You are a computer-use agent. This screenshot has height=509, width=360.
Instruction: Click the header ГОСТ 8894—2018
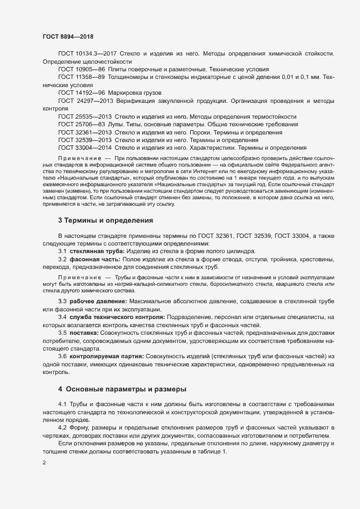click(68, 36)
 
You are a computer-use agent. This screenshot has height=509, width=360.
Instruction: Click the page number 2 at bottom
click(44, 464)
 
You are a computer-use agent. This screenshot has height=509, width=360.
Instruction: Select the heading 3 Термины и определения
click(105, 220)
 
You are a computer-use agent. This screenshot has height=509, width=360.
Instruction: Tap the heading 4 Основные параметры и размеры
click(122, 389)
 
